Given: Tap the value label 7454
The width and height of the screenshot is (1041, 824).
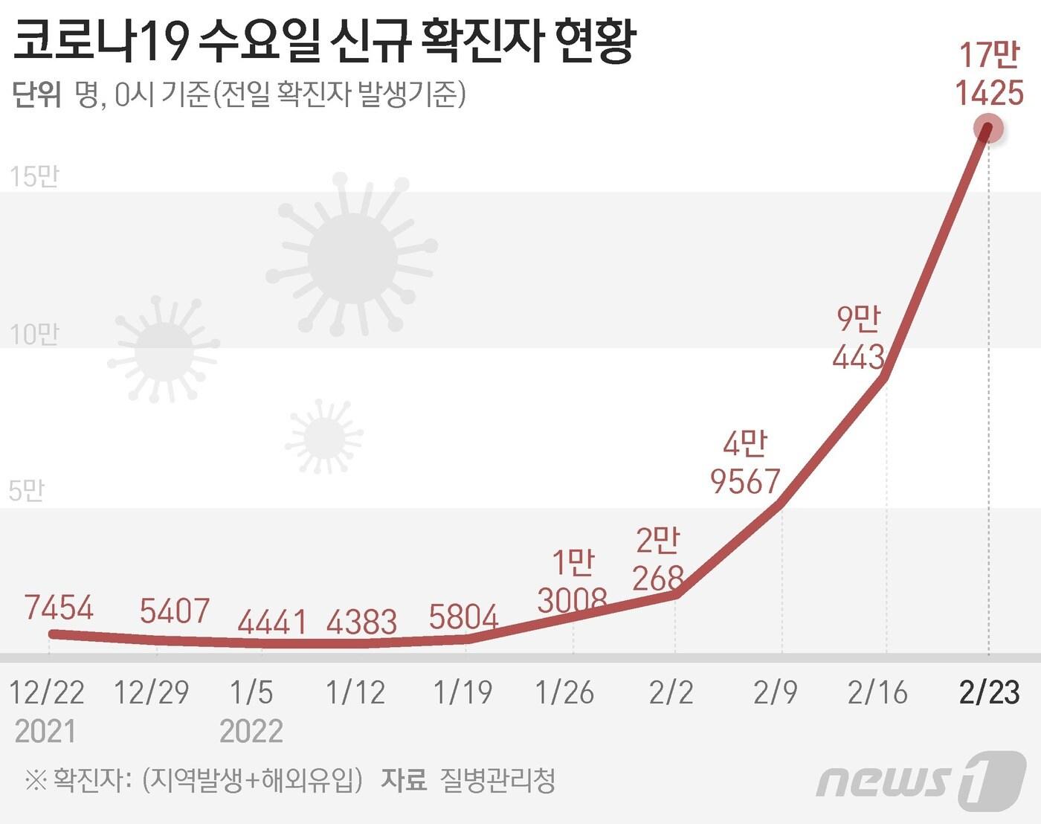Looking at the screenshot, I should (x=59, y=608).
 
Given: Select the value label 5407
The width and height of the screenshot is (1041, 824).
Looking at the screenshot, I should (x=175, y=611).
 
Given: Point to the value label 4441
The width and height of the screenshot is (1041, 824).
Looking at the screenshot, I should (x=272, y=622).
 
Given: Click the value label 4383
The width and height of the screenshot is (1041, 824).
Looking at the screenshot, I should (x=362, y=622).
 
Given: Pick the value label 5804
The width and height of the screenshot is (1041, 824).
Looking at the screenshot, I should (x=464, y=617).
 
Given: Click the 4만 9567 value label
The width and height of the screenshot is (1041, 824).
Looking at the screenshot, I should (x=745, y=463).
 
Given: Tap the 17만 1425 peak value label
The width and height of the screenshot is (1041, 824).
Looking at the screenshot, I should (x=990, y=74).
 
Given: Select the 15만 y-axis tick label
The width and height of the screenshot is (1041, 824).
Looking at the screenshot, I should (x=34, y=177).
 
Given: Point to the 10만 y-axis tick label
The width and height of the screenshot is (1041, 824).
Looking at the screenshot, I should (x=34, y=335).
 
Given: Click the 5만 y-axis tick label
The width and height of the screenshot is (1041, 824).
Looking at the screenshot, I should (x=27, y=491).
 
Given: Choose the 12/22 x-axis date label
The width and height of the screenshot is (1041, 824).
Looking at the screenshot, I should (x=47, y=692).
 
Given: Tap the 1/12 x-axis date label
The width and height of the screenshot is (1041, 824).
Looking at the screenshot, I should (x=355, y=692).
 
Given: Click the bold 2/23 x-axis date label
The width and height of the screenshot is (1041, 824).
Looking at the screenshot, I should (x=989, y=692).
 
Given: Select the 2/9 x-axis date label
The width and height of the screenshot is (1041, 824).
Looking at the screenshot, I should (x=775, y=692).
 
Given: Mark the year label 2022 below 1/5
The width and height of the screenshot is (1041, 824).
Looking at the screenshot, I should (x=251, y=731).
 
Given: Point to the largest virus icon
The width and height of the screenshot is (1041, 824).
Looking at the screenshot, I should (x=352, y=257).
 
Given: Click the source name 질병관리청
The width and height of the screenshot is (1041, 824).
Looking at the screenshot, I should (x=498, y=780).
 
